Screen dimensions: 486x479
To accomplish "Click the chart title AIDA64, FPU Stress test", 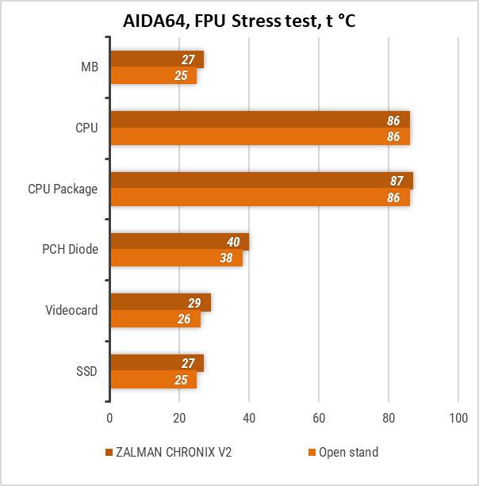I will (239, 21).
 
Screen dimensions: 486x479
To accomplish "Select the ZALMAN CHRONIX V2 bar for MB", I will (157, 59).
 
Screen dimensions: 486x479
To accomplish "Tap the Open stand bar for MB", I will (153, 75).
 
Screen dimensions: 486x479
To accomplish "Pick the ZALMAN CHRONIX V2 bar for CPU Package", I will (261, 181).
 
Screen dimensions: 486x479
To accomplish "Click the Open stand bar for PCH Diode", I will (176, 258).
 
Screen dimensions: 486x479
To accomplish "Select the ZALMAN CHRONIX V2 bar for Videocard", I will (160, 302).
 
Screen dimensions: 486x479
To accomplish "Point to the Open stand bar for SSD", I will (153, 380).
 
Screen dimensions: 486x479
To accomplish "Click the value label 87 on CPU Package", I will (397, 182).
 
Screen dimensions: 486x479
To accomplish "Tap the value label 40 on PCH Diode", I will (233, 242).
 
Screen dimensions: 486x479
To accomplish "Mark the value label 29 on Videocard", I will (195, 302).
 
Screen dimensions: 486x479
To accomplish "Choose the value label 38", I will (227, 258).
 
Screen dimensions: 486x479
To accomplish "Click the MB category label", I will (90, 67).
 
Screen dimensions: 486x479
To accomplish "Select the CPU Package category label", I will (63, 189).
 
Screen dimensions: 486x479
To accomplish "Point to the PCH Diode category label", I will (70, 249).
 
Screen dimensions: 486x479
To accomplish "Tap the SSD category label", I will (87, 370).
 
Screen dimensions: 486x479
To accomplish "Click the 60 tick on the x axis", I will (319, 418).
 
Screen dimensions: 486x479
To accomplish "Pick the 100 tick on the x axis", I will (458, 418).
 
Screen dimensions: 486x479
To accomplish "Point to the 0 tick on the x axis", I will (110, 418).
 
